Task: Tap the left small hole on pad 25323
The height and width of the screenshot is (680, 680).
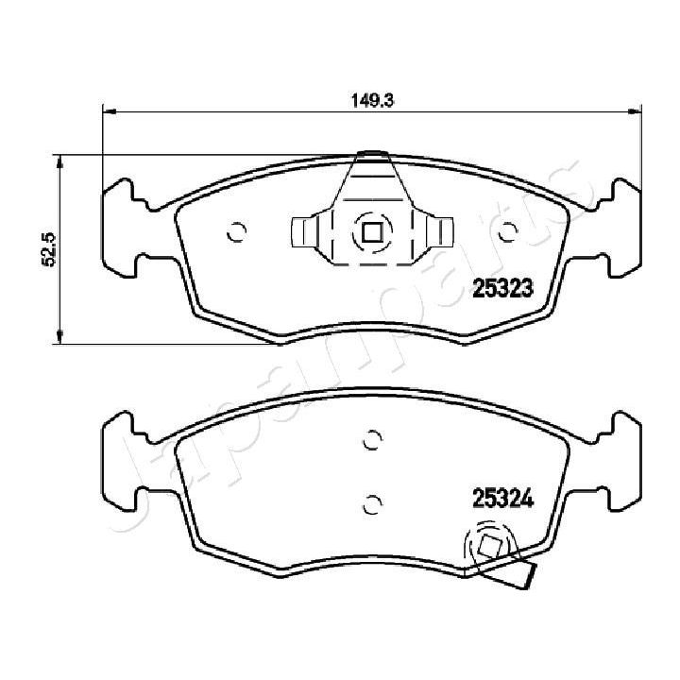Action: pos(236,229)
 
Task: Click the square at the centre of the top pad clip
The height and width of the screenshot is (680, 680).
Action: pos(370,230)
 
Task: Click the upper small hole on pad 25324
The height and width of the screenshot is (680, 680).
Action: pos(371,438)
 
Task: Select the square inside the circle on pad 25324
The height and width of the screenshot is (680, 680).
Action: pos(489,547)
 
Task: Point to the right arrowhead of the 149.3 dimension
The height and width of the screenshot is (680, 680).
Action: pos(635,112)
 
